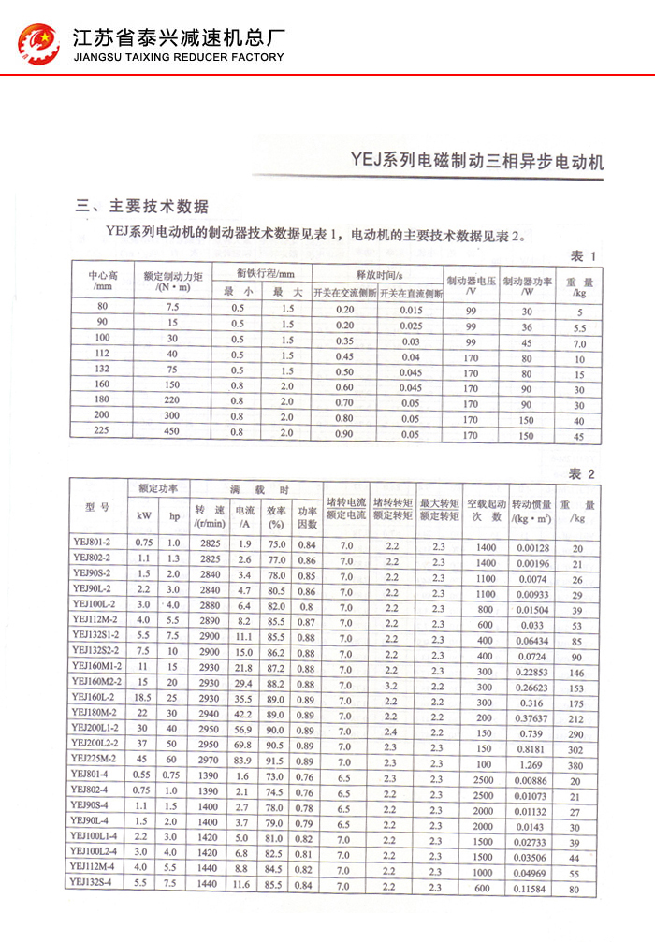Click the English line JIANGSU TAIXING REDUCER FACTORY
pyautogui.click(x=178, y=57)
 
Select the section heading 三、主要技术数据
pyautogui.click(x=142, y=206)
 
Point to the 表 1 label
pyautogui.click(x=583, y=256)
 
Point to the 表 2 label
pyautogui.click(x=583, y=473)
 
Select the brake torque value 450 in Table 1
pyautogui.click(x=172, y=434)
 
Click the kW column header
pyautogui.click(x=144, y=514)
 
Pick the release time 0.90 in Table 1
pyautogui.click(x=346, y=434)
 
